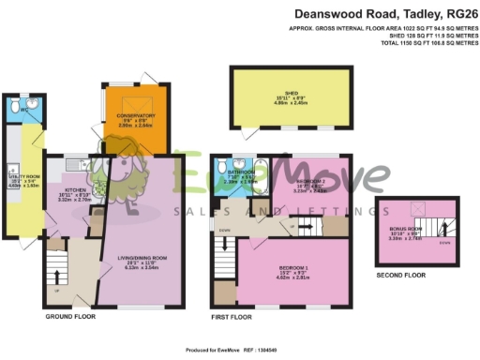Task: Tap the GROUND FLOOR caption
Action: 71,318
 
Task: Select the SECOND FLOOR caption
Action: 401,276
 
